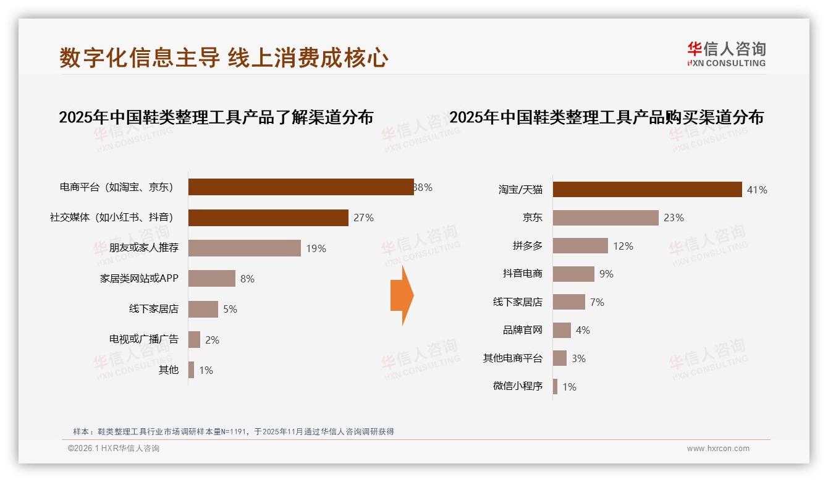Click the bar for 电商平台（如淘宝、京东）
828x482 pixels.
301,187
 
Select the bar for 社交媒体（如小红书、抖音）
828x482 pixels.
268,218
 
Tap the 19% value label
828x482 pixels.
316,248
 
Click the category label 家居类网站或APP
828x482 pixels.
139,279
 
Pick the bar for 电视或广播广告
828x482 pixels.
194,339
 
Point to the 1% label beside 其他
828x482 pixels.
206,370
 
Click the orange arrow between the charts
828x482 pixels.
402,295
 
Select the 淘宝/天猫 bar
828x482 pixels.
647,190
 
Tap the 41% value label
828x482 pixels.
757,190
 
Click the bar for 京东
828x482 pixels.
606,218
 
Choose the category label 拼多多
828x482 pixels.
527,246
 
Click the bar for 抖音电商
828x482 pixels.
573,274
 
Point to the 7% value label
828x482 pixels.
597,302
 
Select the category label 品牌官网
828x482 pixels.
522,330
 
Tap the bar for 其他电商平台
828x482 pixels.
560,358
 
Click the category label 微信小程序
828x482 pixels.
517,386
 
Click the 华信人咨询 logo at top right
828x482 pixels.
726,54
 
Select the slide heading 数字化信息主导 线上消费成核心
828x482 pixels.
224,58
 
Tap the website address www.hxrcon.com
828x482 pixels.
718,449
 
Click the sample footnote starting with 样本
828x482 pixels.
234,432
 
